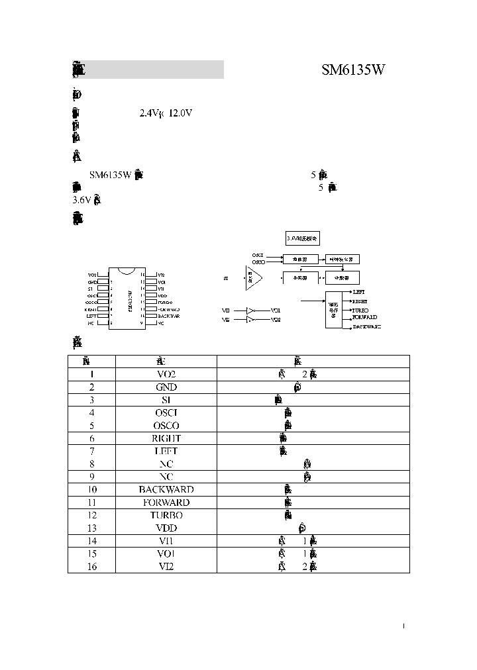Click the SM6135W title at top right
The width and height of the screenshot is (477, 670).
click(353, 70)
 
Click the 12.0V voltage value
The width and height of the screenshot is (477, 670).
click(180, 113)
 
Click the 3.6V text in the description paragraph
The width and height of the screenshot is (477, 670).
click(80, 200)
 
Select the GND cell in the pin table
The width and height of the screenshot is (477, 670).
click(166, 387)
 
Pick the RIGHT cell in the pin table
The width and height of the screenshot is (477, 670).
click(166, 438)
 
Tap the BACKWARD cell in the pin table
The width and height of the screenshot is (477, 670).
click(166, 489)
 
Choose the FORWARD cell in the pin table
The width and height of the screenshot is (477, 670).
click(166, 502)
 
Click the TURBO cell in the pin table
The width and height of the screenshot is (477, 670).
click(166, 515)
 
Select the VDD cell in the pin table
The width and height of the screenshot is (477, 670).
click(166, 528)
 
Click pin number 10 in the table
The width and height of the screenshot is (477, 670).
click(91, 489)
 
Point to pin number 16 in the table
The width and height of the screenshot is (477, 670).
click(91, 566)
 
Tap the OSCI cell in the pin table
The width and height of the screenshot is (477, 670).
click(166, 412)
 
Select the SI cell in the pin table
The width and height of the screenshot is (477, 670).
click(166, 400)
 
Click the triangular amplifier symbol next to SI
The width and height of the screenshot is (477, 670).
click(252, 279)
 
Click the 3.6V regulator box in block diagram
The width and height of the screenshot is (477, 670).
click(301, 238)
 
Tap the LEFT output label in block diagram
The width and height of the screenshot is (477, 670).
click(358, 291)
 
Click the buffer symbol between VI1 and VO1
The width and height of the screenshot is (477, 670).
click(250, 310)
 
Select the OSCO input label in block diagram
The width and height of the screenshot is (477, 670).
click(258, 262)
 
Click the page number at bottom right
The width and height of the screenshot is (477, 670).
click(403, 626)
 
